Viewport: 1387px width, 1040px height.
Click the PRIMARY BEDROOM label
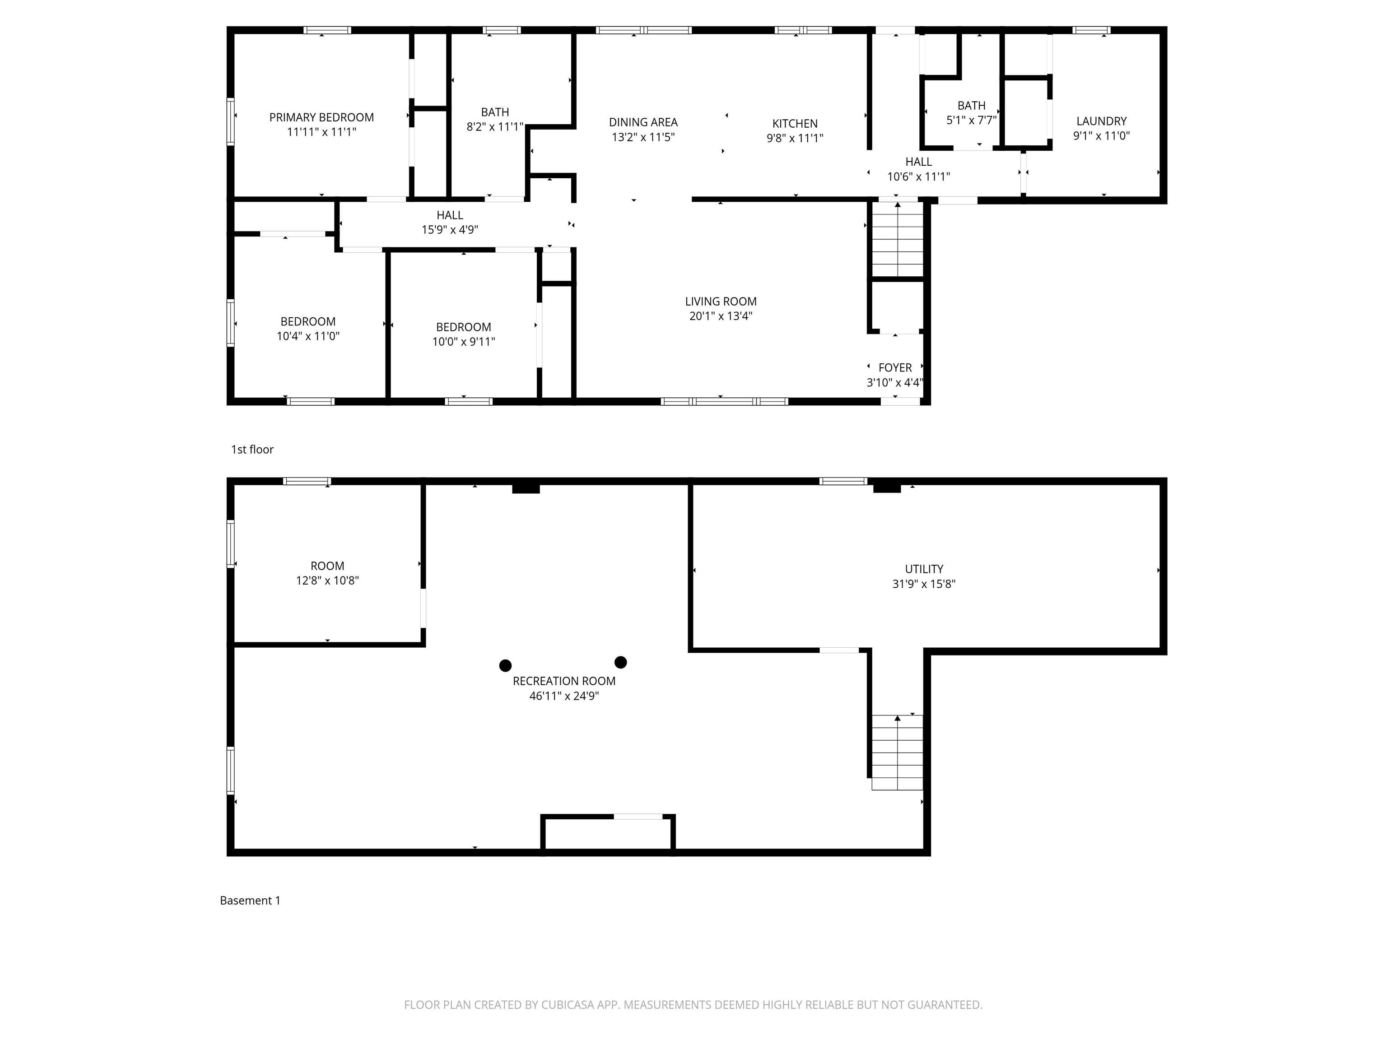coord(321,117)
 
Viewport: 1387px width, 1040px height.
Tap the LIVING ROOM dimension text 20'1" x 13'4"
coord(721,316)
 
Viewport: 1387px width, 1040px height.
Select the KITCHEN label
coord(795,124)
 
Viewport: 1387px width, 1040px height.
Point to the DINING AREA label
coord(643,122)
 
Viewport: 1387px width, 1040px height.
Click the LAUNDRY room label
coord(1101,121)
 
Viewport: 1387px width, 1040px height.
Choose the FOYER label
coord(895,368)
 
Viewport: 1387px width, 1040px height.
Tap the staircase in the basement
coord(897,752)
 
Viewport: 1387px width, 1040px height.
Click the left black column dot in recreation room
coord(505,665)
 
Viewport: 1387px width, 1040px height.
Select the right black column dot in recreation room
coord(621,662)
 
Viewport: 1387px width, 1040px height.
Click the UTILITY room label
coord(924,569)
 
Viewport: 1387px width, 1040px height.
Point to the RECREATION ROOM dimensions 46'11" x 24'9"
coord(564,696)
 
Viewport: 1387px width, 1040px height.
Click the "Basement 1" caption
coord(250,900)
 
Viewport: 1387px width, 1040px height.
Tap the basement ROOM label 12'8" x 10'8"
coord(327,573)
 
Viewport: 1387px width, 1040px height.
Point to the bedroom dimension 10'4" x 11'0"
coord(308,336)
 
